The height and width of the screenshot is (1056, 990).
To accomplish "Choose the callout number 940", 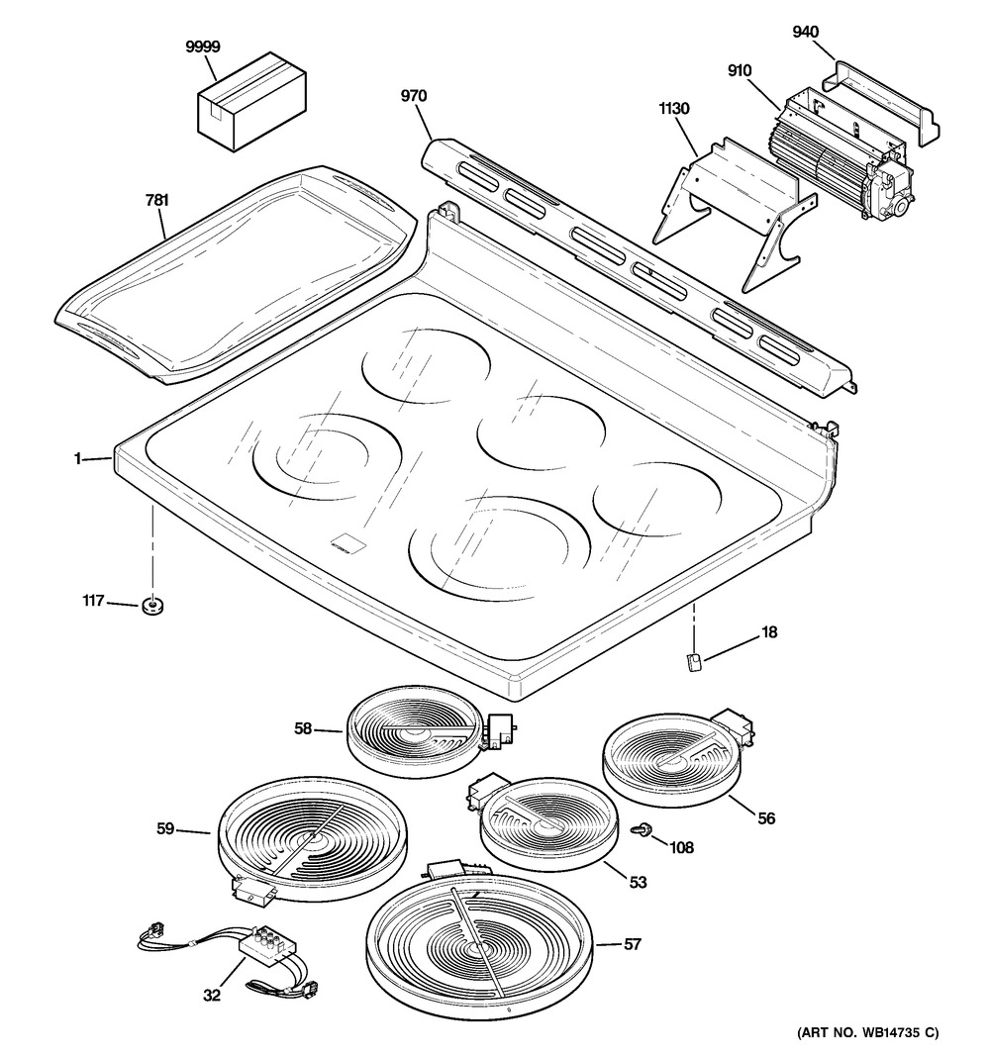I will (807, 31).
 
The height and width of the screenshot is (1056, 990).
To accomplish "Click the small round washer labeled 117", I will (153, 607).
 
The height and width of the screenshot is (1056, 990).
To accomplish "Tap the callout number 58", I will (303, 728).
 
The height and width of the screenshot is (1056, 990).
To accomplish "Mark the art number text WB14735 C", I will (867, 1034).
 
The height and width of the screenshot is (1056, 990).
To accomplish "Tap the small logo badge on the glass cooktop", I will (344, 542).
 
